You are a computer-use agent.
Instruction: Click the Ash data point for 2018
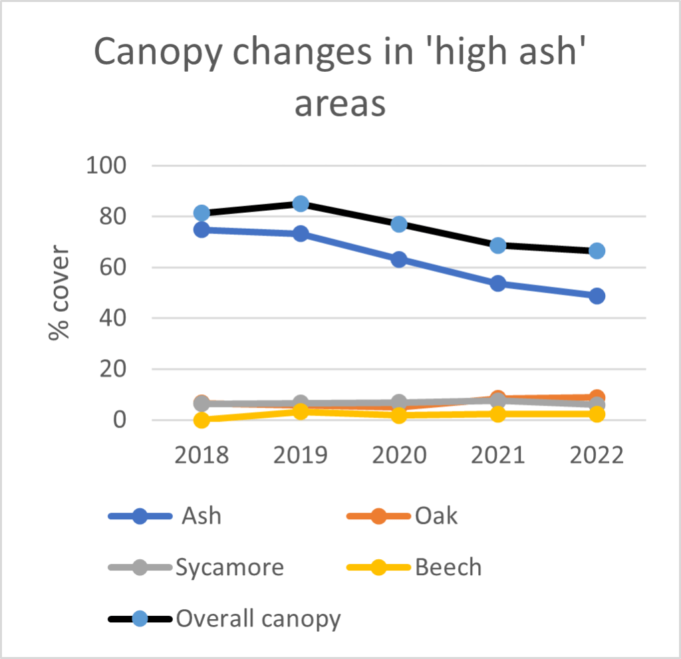(202, 230)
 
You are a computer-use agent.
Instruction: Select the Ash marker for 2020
(399, 259)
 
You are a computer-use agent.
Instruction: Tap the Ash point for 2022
(597, 296)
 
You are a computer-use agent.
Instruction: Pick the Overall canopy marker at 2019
(301, 203)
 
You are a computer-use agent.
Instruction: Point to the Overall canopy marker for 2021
(498, 245)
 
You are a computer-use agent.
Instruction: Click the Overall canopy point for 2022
(597, 251)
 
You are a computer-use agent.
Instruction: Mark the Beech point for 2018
(202, 420)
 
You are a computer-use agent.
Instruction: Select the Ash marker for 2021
(498, 283)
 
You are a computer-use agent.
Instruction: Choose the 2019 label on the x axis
(301, 456)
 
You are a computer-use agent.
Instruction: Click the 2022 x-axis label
(597, 456)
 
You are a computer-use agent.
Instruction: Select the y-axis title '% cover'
(60, 293)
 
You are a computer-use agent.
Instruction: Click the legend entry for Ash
(202, 516)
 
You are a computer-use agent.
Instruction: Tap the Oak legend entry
(436, 516)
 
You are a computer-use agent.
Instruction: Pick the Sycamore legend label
(229, 568)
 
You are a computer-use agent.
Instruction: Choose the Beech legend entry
(448, 568)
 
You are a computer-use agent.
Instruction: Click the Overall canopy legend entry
(258, 619)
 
